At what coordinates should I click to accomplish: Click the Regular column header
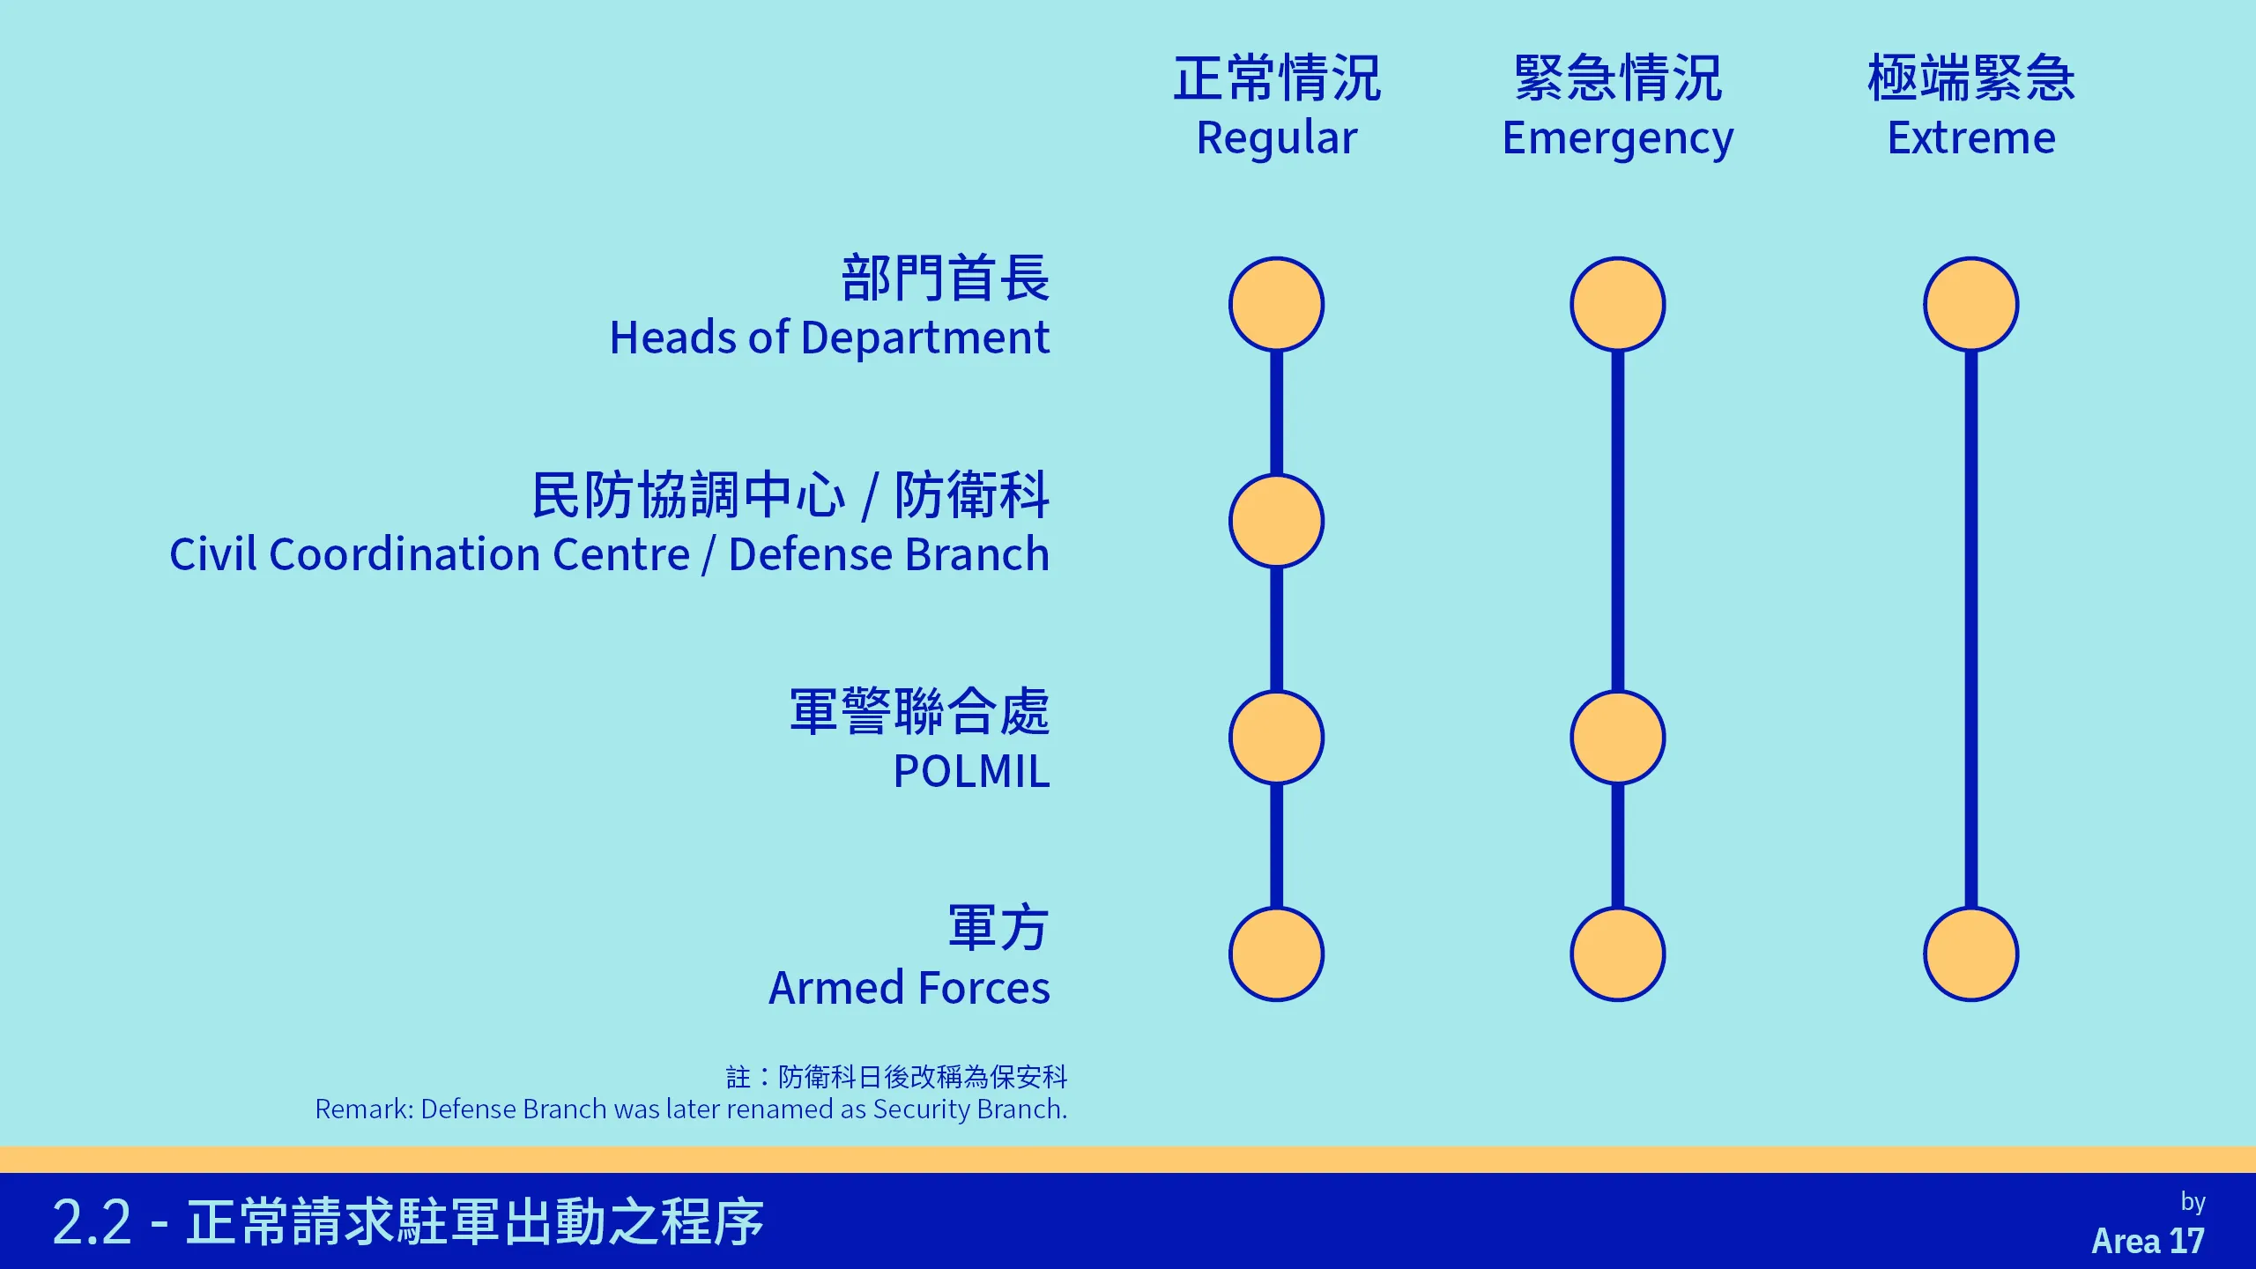pos(1277,107)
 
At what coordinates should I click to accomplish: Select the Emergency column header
pos(1618,107)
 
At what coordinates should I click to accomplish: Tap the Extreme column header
pos(1971,107)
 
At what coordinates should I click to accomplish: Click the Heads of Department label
pos(829,307)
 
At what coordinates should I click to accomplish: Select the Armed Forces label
pos(909,956)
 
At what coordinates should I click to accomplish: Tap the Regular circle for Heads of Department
pos(1277,304)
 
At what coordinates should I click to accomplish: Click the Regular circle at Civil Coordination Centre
pos(1277,521)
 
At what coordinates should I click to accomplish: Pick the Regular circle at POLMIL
pos(1277,738)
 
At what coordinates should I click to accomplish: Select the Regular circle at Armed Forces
pos(1277,954)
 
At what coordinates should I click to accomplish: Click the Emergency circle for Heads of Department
pos(1618,304)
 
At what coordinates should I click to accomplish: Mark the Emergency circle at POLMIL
pos(1618,738)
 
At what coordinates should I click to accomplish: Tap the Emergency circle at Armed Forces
pos(1618,954)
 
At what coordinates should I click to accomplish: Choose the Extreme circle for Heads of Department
pos(1971,304)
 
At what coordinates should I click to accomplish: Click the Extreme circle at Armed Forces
pos(1971,954)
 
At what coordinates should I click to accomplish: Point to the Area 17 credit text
pos(2148,1241)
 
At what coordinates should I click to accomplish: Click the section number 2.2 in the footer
pos(92,1222)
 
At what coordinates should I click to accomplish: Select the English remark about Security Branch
pos(691,1109)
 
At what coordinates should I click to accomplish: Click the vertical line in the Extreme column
pos(1971,629)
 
